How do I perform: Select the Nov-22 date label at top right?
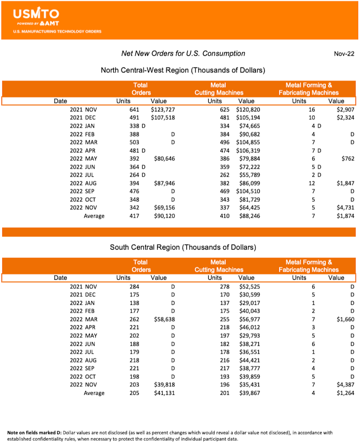coord(344,54)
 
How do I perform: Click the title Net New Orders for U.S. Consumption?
coord(183,54)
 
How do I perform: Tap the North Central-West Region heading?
coord(183,70)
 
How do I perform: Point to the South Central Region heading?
coord(183,247)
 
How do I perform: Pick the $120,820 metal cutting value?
coord(248,109)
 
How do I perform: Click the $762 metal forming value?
coord(347,158)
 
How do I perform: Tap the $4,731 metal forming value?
coord(344,207)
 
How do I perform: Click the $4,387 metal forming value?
coord(344,385)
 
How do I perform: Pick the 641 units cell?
coord(134,109)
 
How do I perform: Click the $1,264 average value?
coord(344,393)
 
